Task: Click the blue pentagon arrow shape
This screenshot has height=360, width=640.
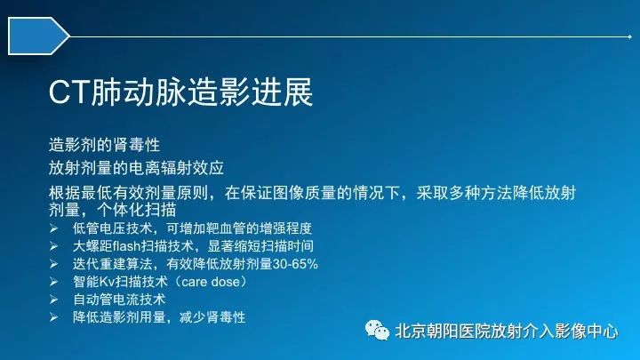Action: tap(38, 36)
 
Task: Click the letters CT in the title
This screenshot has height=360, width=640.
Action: tap(69, 92)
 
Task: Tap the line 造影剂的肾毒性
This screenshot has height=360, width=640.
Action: tap(104, 145)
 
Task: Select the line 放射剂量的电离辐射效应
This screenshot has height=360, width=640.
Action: tap(136, 168)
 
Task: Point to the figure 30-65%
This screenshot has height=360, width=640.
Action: tap(295, 264)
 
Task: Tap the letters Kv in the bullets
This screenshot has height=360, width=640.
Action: tap(106, 282)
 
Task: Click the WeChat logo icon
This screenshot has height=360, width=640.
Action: tap(377, 330)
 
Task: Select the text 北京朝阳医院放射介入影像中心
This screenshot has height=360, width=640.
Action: tap(507, 331)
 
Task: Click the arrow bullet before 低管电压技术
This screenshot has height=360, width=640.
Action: tap(53, 228)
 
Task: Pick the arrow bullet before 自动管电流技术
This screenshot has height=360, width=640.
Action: tap(53, 300)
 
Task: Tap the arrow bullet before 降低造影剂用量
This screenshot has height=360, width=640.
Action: tap(53, 317)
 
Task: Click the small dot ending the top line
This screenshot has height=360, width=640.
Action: tap(630, 36)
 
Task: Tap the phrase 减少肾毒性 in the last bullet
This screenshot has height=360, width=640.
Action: tap(212, 317)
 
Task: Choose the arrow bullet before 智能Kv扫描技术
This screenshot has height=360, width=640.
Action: tap(53, 282)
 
